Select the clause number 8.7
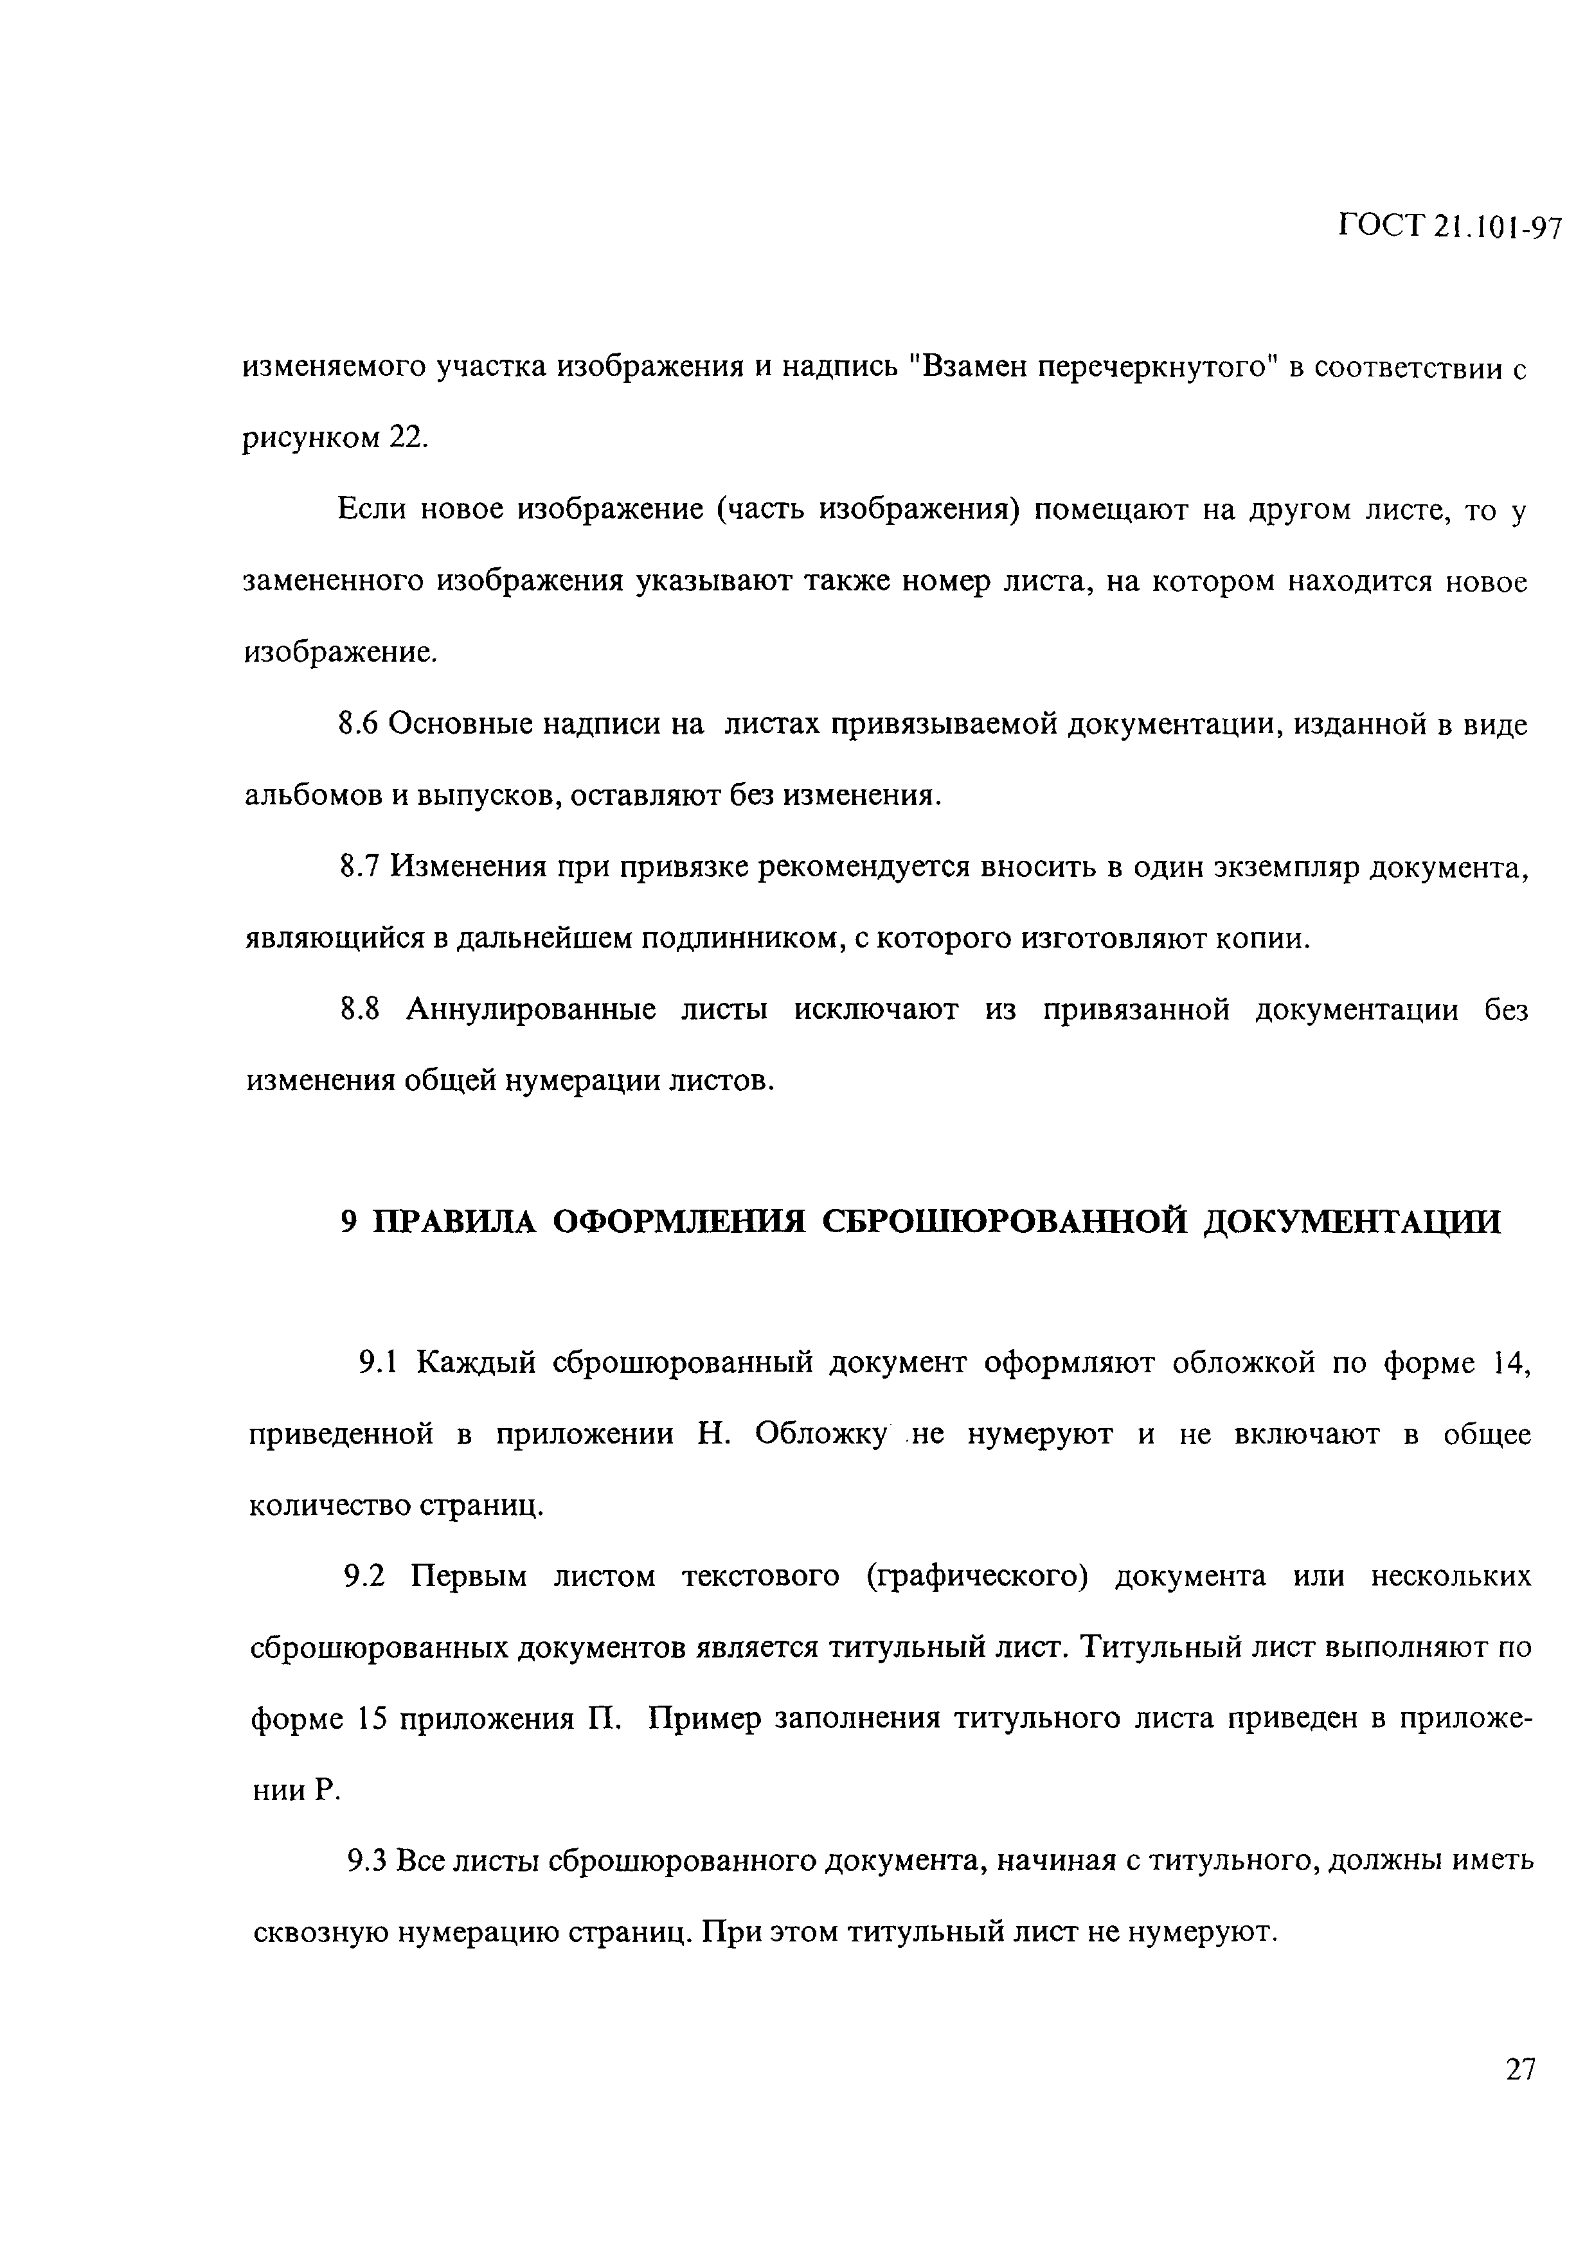click(x=359, y=867)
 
